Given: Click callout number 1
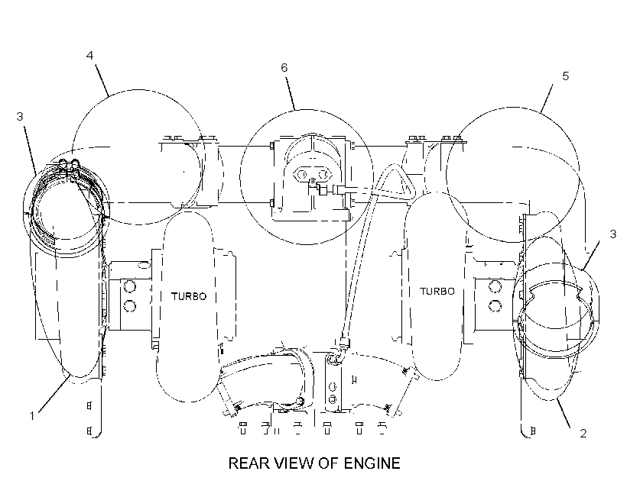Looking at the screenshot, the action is tap(32, 416).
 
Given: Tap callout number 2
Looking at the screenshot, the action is tap(583, 434).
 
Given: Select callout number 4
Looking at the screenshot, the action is tap(90, 55).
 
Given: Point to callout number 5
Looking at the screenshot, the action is tap(565, 76).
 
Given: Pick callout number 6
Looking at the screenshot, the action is tap(284, 67).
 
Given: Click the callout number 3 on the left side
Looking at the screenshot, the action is tap(20, 116).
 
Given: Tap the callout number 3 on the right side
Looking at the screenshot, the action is tap(613, 234).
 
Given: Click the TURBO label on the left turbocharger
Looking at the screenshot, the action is tap(189, 296).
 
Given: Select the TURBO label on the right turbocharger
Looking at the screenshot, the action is tap(437, 291).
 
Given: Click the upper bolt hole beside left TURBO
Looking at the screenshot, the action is tap(130, 286).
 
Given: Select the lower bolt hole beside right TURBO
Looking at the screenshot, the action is tap(495, 305).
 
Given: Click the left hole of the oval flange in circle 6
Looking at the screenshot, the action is tap(301, 174).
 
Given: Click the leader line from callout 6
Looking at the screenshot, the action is tap(290, 92).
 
